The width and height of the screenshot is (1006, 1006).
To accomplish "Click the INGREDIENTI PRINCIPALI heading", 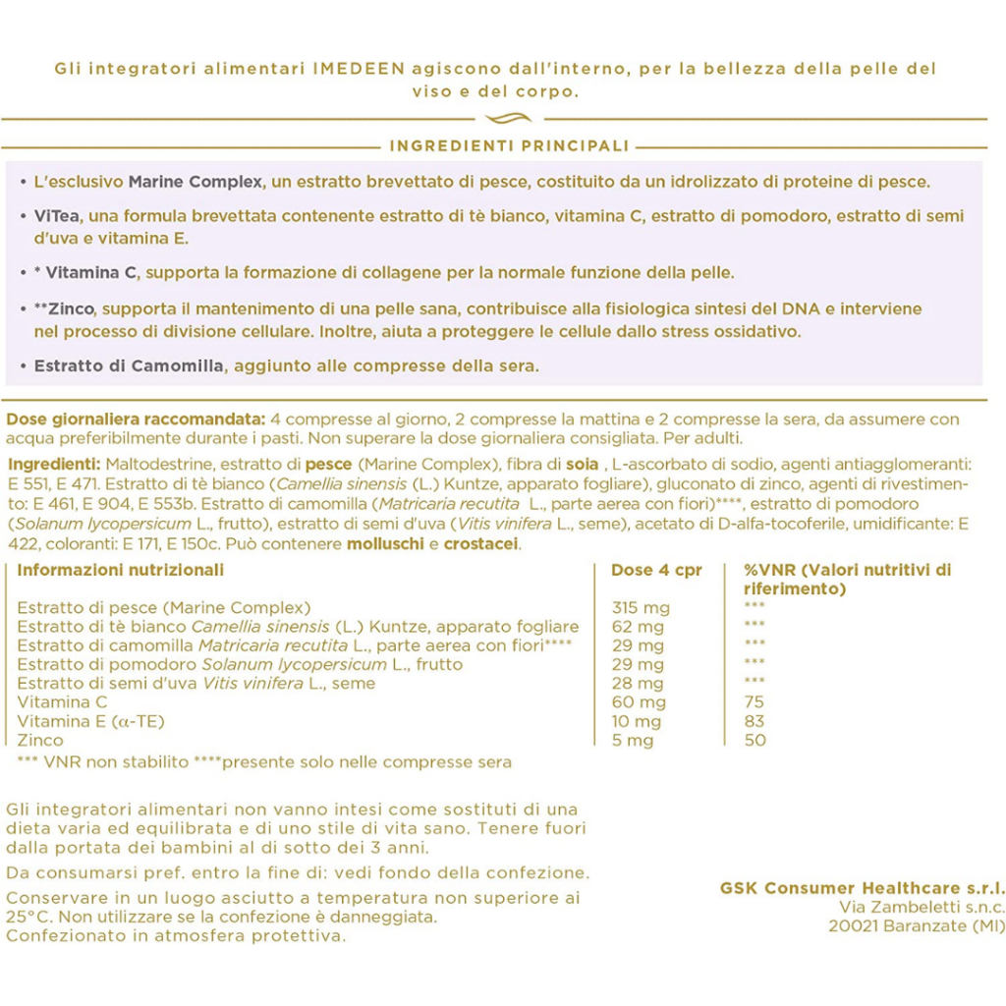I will (509, 146).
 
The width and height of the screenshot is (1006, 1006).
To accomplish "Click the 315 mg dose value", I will (640, 608).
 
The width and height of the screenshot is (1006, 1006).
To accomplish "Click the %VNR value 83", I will (754, 721).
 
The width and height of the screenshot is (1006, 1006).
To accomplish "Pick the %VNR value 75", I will (754, 702).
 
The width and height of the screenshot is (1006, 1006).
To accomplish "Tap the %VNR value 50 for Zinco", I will (754, 740).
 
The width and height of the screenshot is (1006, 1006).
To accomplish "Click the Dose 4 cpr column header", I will (656, 570).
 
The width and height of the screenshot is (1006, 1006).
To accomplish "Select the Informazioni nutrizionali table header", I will (121, 570).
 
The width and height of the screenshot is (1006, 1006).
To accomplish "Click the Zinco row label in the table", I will (40, 740).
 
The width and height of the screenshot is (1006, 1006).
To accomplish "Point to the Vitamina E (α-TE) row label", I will (91, 721).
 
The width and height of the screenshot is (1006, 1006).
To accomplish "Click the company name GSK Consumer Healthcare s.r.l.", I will (862, 888).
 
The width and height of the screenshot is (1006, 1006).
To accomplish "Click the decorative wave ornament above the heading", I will (509, 119).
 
